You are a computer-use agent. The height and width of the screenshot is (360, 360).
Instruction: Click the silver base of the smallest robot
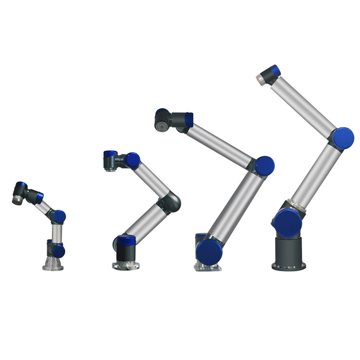click(x=53, y=265)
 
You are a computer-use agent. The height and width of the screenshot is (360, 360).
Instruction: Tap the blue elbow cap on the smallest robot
click(x=59, y=216)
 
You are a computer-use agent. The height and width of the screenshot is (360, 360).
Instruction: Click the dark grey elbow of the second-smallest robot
click(x=171, y=202)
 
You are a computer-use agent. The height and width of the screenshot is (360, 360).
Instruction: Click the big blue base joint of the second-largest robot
click(x=209, y=252)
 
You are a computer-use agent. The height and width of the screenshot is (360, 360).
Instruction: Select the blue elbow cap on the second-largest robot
click(x=265, y=166)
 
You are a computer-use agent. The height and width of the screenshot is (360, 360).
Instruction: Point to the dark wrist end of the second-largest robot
click(x=162, y=121)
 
